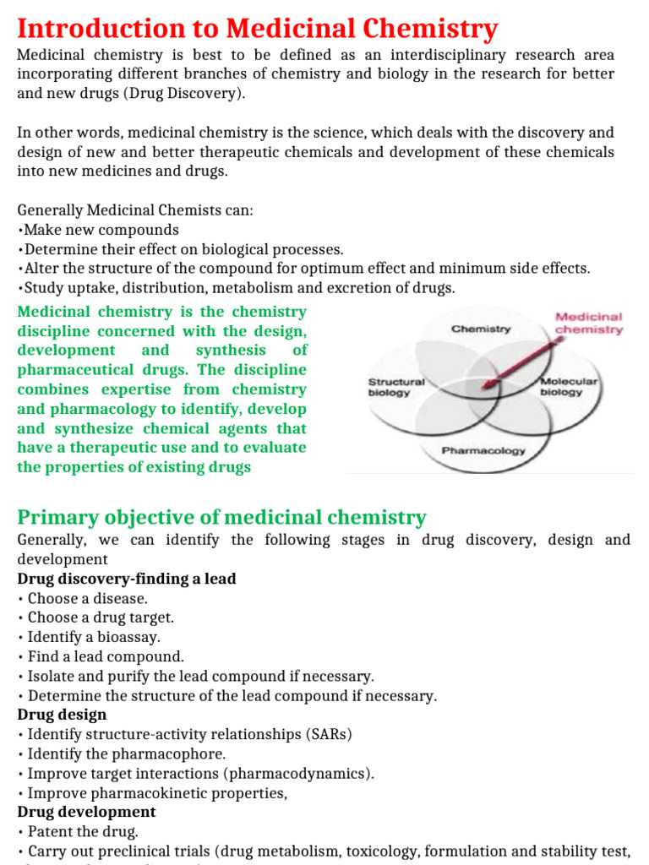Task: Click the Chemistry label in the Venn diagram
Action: [x=481, y=329]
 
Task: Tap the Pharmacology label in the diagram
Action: [x=483, y=450]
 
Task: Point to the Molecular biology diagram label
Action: [x=568, y=387]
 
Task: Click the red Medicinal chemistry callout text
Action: [x=588, y=324]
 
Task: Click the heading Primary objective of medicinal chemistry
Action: [x=222, y=517]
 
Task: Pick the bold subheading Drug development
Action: [x=87, y=812]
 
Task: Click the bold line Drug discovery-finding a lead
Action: [x=127, y=579]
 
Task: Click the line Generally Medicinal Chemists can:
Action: [x=135, y=210]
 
